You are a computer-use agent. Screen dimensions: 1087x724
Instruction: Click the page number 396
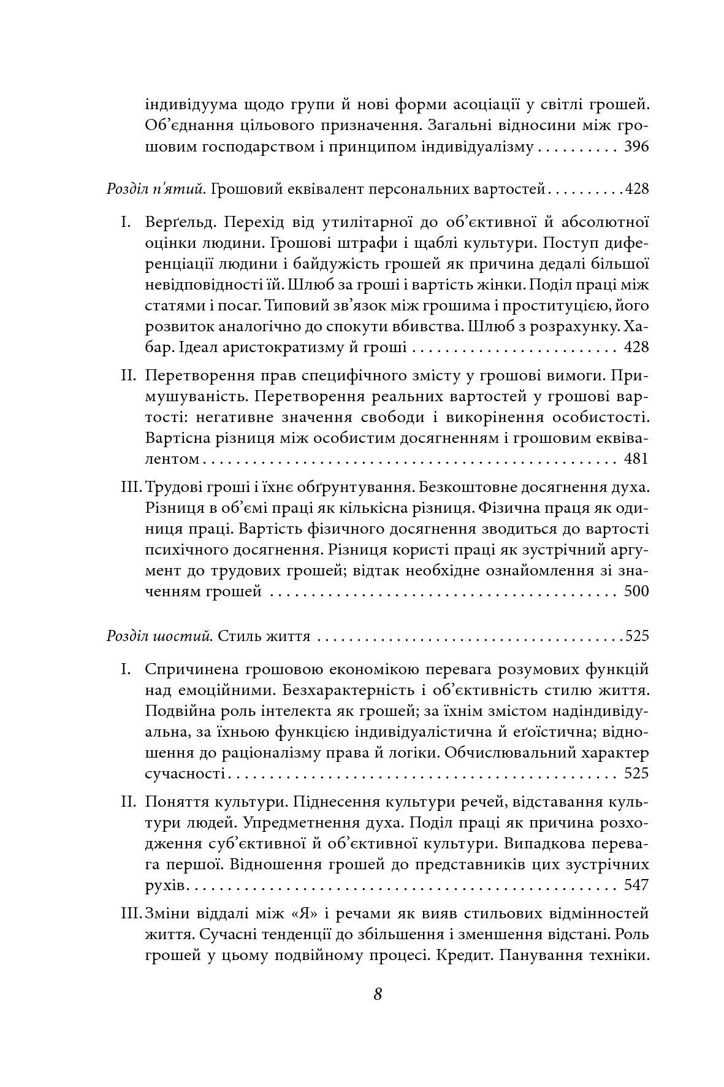(635, 148)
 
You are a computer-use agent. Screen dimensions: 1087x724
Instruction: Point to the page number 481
(635, 459)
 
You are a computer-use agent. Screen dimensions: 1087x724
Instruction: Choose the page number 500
(635, 592)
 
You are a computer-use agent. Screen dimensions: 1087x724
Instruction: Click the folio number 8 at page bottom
(378, 994)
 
